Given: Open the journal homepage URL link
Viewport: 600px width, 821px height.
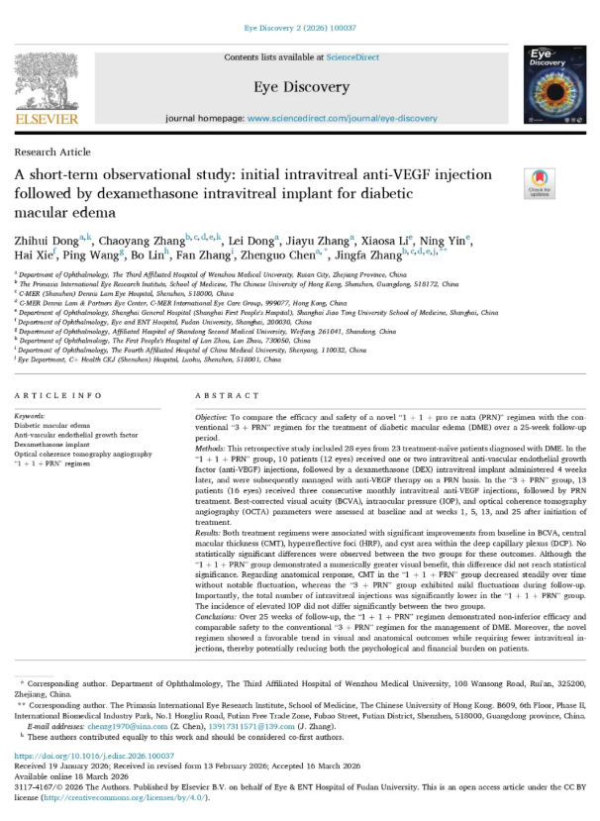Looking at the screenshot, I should [342, 118].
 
